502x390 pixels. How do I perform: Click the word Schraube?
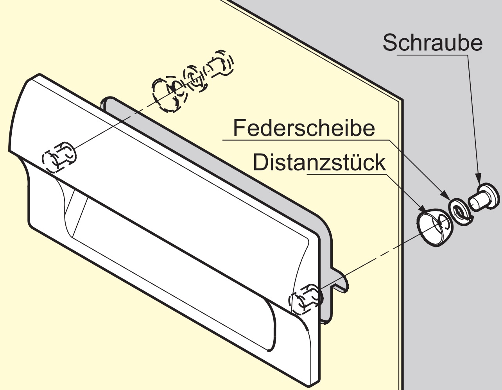[432, 43]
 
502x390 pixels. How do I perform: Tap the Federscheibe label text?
[304, 128]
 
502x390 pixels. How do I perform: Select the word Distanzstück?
[319, 163]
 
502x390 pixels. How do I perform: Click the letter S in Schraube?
[390, 43]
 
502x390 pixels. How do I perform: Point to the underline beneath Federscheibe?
[305, 139]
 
